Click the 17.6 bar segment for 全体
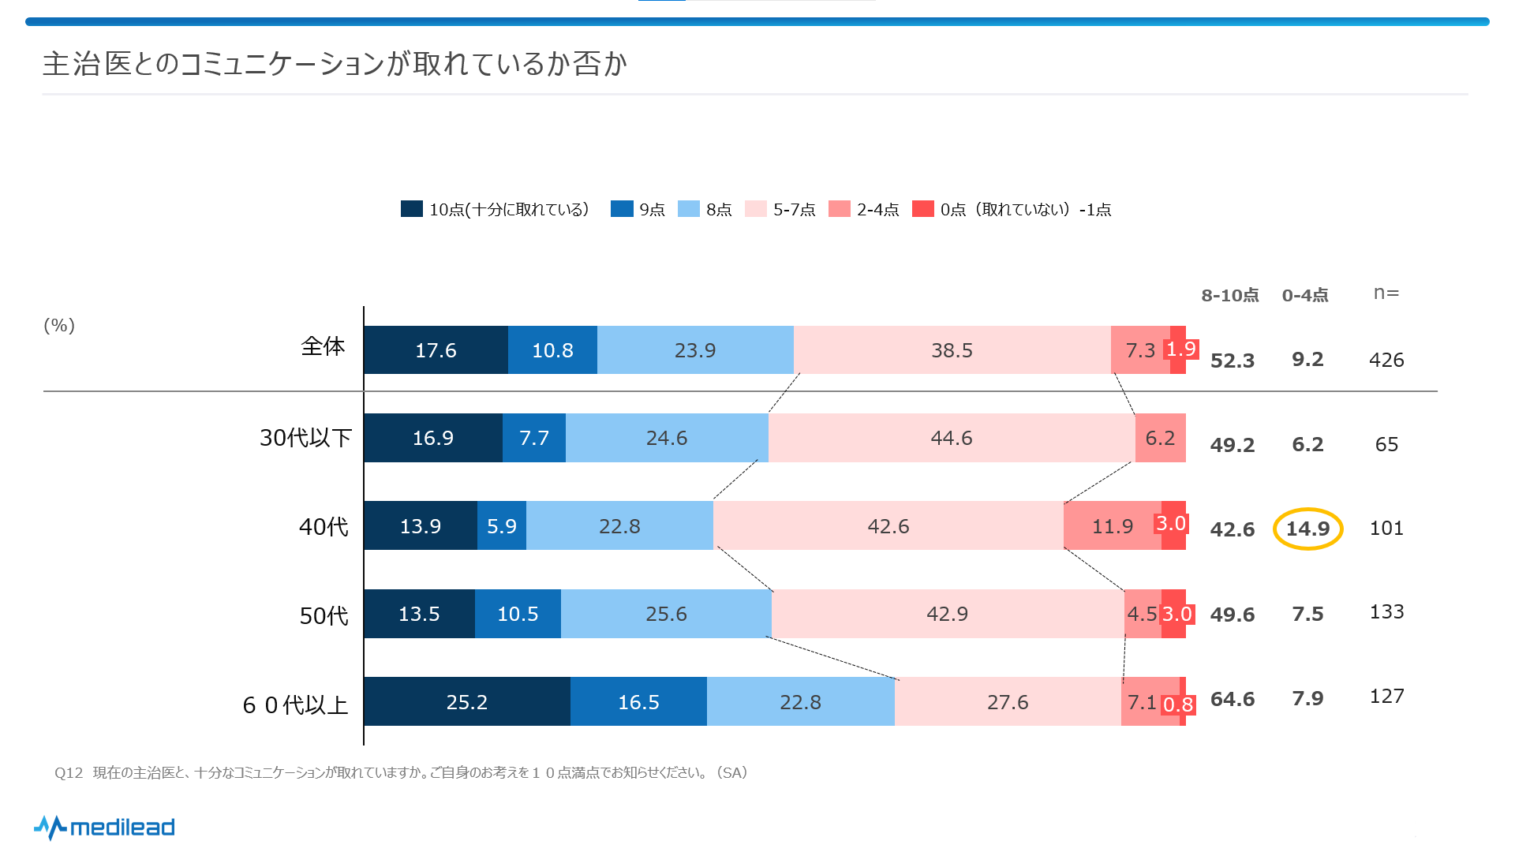pos(436,350)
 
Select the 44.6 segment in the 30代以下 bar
pos(951,438)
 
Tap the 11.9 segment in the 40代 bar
pos(1112,526)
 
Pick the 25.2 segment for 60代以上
pos(466,702)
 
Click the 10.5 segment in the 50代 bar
pos(518,614)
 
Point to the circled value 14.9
pos(1307,529)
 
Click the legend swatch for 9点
pos(622,209)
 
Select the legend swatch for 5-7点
pos(755,209)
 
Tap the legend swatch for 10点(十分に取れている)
pos(411,209)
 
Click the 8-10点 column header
pos(1229,296)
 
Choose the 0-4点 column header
pos(1304,296)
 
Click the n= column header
pos(1386,293)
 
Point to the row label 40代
pos(324,527)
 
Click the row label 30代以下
pos(305,438)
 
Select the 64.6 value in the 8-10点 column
pos(1232,699)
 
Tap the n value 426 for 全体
pos(1386,360)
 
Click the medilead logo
pos(104,827)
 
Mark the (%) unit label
pos(59,326)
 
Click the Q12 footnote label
pos(69,773)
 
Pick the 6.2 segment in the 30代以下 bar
pos(1160,438)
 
